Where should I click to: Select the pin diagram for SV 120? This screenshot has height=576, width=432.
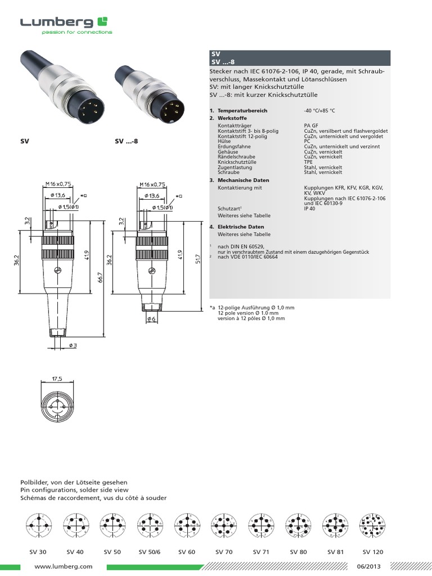tap(372, 526)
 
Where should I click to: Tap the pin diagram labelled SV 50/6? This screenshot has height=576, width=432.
tap(148, 526)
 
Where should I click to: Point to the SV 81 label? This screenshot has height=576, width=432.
tap(335, 552)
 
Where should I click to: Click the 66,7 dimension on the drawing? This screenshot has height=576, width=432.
tap(100, 277)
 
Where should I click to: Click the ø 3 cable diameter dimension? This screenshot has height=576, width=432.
tap(73, 344)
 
